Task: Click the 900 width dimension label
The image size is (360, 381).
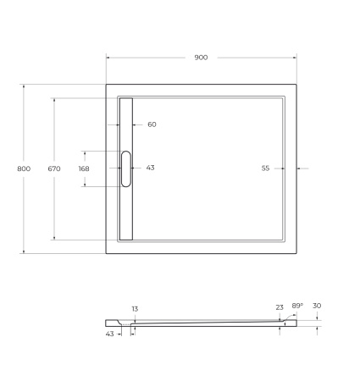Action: (201, 58)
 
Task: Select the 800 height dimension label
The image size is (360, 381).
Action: (24, 168)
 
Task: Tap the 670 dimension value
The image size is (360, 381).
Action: (54, 168)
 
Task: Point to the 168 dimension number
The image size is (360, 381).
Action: (83, 168)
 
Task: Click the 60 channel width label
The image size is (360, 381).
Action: (152, 124)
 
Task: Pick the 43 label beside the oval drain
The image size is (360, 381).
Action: (150, 168)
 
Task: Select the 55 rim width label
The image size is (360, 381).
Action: (265, 168)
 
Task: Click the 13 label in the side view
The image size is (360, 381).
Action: (134, 309)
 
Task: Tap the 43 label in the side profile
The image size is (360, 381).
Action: (109, 334)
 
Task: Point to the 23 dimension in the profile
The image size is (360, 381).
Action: (280, 307)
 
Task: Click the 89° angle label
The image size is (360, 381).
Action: (297, 306)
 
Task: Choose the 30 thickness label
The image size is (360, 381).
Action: (317, 306)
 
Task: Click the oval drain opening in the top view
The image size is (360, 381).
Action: (126, 168)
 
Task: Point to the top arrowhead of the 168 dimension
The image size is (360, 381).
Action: (83, 153)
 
